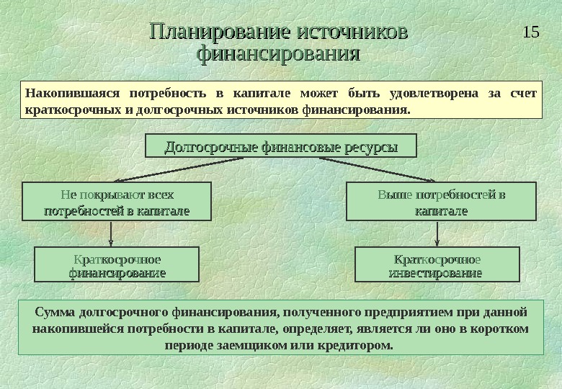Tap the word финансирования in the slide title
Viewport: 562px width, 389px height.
point(278,54)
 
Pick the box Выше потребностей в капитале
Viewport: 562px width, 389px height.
point(442,202)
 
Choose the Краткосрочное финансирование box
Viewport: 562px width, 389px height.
point(117,265)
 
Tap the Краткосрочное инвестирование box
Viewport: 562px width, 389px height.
point(437,265)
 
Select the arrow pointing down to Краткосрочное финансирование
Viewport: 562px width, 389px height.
point(112,234)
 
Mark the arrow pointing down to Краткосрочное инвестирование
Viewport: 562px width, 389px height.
point(438,234)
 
